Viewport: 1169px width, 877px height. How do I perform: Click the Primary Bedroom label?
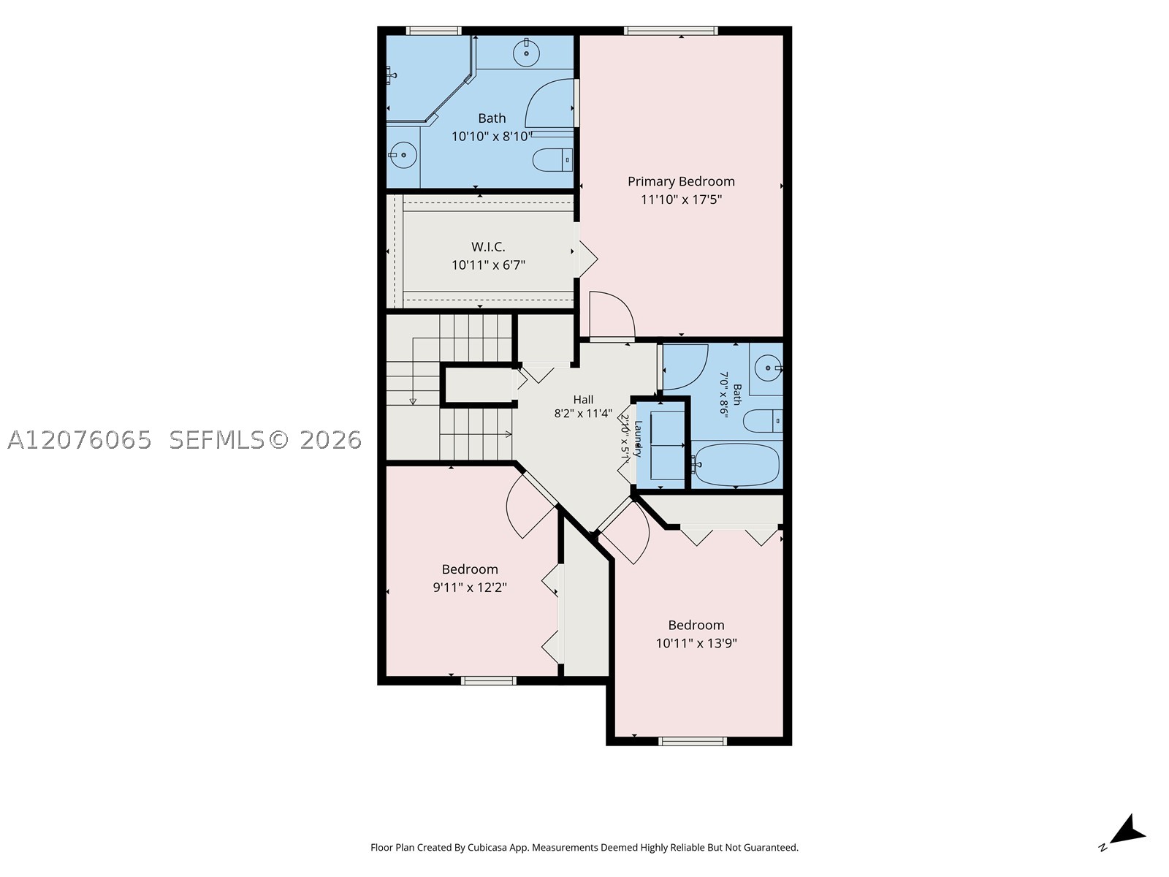point(681,181)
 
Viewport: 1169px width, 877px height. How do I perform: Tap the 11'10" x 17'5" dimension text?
point(681,200)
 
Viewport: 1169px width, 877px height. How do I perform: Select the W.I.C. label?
point(488,247)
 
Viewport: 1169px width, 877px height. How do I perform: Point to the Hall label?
point(583,399)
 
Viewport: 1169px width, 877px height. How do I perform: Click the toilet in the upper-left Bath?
point(552,160)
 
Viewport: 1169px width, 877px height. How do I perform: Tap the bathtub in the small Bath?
point(736,465)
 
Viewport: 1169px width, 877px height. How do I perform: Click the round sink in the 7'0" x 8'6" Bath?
point(769,368)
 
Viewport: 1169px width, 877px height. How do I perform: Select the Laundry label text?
point(638,438)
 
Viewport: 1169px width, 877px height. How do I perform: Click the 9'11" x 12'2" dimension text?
point(470,588)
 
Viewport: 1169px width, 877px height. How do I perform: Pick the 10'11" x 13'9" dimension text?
point(696,643)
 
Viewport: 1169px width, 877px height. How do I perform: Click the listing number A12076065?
point(80,440)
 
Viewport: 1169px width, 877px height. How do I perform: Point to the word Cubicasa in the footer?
point(487,847)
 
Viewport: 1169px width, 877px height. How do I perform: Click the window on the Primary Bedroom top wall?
point(671,31)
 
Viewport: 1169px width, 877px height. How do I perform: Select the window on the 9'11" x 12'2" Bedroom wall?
point(488,680)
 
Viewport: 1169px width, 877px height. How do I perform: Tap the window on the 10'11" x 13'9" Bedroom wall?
point(693,741)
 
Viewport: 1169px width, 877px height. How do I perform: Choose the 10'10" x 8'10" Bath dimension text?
point(492,137)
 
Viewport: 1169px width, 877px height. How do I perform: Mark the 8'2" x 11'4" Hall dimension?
point(583,414)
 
